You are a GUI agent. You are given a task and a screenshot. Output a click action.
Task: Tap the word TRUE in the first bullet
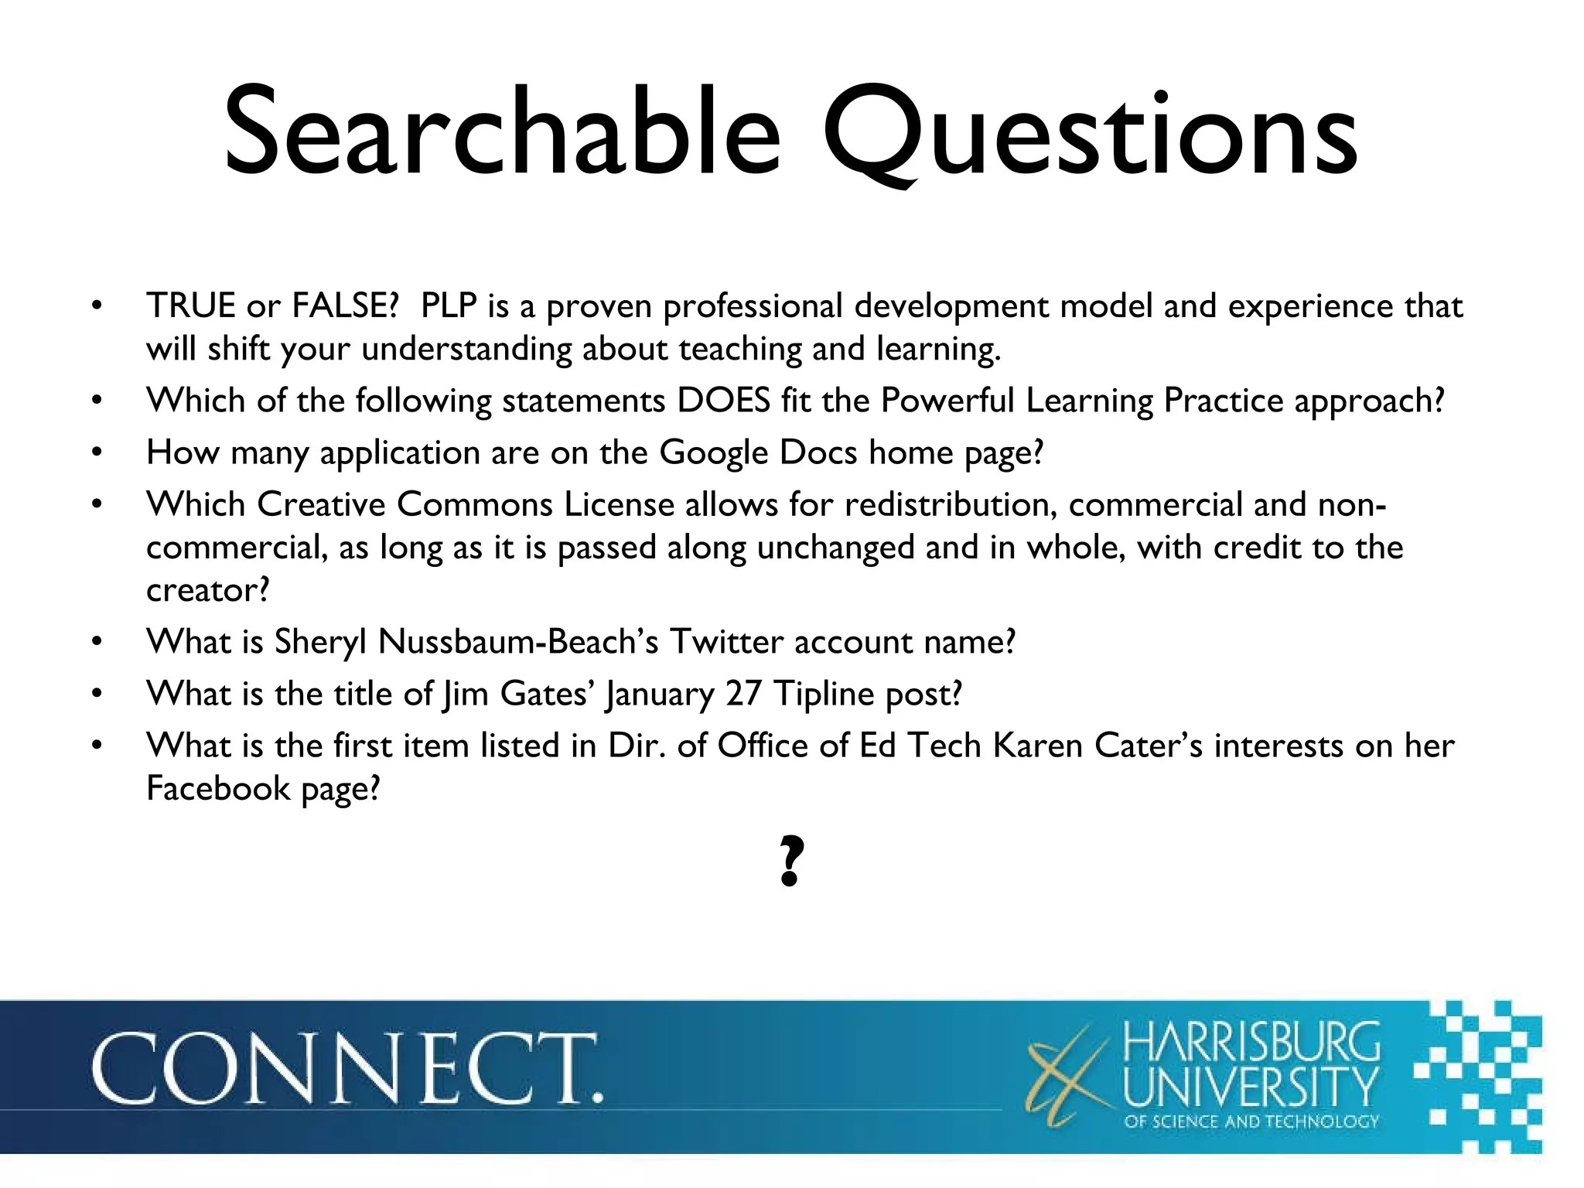click(x=190, y=306)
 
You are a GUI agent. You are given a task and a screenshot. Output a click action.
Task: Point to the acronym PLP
click(x=449, y=306)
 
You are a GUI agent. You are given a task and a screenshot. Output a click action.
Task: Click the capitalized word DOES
click(x=724, y=401)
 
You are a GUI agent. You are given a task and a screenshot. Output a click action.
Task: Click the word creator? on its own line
click(x=208, y=591)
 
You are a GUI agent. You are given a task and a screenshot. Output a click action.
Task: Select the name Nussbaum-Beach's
click(x=518, y=642)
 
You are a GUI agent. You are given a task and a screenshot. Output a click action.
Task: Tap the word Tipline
click(x=824, y=694)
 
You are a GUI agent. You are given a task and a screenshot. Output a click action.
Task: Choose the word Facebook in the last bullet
click(x=218, y=789)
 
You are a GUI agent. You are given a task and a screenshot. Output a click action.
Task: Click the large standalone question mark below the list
click(x=790, y=860)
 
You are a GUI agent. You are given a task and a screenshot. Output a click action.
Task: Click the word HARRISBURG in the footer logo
click(x=1251, y=1042)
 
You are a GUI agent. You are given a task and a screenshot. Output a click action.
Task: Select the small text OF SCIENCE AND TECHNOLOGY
click(x=1251, y=1121)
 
